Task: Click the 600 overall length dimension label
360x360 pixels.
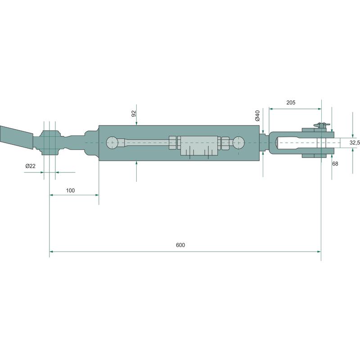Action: [180, 245]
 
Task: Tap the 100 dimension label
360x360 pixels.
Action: [70, 190]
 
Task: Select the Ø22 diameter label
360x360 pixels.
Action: [31, 166]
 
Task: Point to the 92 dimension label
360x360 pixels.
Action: [134, 113]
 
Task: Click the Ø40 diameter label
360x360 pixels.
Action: [257, 116]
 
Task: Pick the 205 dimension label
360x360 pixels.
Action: [291, 103]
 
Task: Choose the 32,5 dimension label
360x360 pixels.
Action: [355, 142]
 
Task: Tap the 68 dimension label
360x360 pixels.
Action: [335, 164]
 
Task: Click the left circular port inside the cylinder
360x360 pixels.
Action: [112, 143]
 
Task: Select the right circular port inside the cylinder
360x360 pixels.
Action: [238, 143]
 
